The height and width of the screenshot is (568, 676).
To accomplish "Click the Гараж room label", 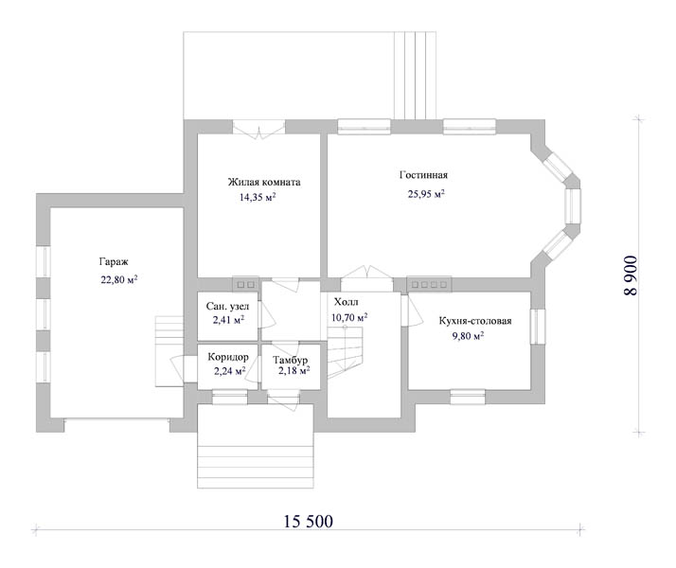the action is pos(114,261).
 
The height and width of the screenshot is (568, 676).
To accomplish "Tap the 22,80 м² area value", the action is pos(119,279).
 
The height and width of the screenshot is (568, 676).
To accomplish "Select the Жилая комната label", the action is pos(264,182).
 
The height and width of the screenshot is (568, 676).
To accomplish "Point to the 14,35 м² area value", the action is pos(258,197).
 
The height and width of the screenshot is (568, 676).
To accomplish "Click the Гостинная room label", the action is pos(423,175).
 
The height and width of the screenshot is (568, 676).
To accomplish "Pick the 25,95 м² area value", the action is pos(426,194).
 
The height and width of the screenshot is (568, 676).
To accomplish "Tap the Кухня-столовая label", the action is pos(475,321).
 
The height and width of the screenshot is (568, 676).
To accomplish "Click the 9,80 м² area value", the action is pos(468,336).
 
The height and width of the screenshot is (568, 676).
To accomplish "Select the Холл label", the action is pos(346,302).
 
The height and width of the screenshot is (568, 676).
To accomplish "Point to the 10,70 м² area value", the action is pos(349,318).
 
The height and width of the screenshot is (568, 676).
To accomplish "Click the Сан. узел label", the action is pos(227,307).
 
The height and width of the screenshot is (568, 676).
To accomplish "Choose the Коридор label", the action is pos(228,357).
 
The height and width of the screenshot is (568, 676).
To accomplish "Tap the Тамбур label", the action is pos(290,360).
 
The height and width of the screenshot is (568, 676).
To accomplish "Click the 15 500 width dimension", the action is pos(308,522).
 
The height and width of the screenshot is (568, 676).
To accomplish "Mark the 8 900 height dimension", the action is pos(631,275).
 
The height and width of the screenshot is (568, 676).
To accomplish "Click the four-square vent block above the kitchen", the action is pos(429,284).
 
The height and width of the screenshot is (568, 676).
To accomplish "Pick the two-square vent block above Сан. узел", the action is pos(245,284).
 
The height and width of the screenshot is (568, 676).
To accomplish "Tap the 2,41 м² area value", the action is pos(228,320).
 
